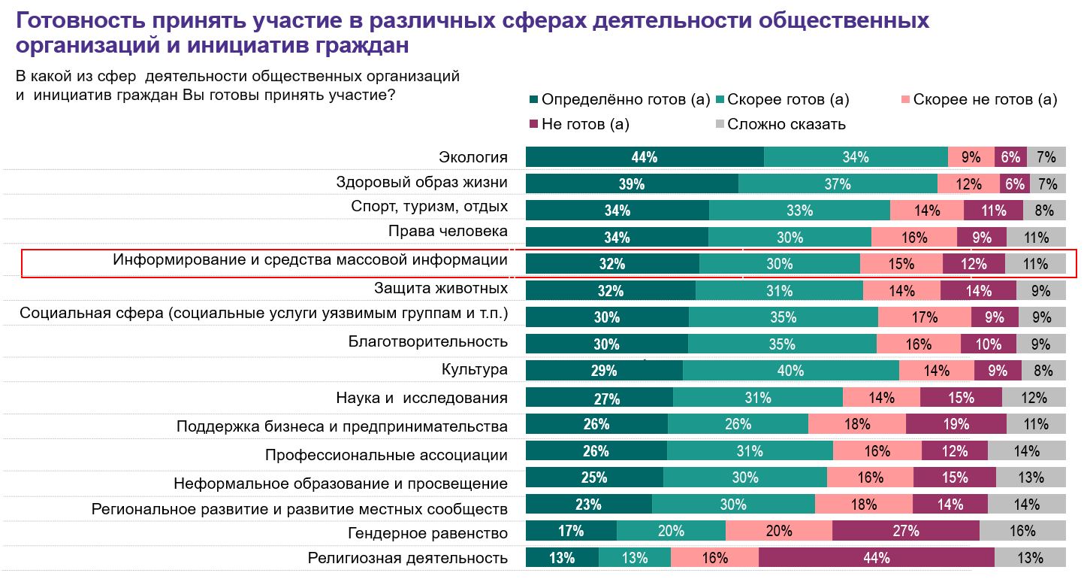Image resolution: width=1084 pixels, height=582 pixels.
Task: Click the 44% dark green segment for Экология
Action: click(645, 157)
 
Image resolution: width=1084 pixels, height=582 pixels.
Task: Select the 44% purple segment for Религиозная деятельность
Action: click(877, 558)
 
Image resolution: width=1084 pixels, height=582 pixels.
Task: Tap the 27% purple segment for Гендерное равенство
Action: click(906, 531)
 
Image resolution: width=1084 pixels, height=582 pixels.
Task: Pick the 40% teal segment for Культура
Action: click(791, 371)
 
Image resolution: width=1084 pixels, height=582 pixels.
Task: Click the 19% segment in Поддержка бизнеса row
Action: click(956, 424)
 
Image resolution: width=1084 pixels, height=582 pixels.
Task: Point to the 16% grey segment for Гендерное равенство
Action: click(1022, 531)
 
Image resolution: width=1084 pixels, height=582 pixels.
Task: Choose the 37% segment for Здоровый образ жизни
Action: click(838, 184)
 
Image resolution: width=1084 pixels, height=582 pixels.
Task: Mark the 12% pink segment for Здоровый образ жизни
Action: click(968, 184)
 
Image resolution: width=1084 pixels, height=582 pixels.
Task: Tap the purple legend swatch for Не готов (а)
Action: click(534, 124)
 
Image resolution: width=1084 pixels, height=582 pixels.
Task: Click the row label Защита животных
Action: click(441, 288)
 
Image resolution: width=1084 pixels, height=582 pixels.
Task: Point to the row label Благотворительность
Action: click(428, 341)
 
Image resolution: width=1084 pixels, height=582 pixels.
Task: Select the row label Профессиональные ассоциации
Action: click(386, 455)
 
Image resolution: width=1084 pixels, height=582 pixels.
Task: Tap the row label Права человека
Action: click(448, 232)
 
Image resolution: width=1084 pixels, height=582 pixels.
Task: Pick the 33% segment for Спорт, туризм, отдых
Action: click(799, 211)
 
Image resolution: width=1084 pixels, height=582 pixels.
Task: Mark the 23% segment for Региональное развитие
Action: click(589, 505)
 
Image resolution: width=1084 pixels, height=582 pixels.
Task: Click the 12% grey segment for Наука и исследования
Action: click(1034, 398)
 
